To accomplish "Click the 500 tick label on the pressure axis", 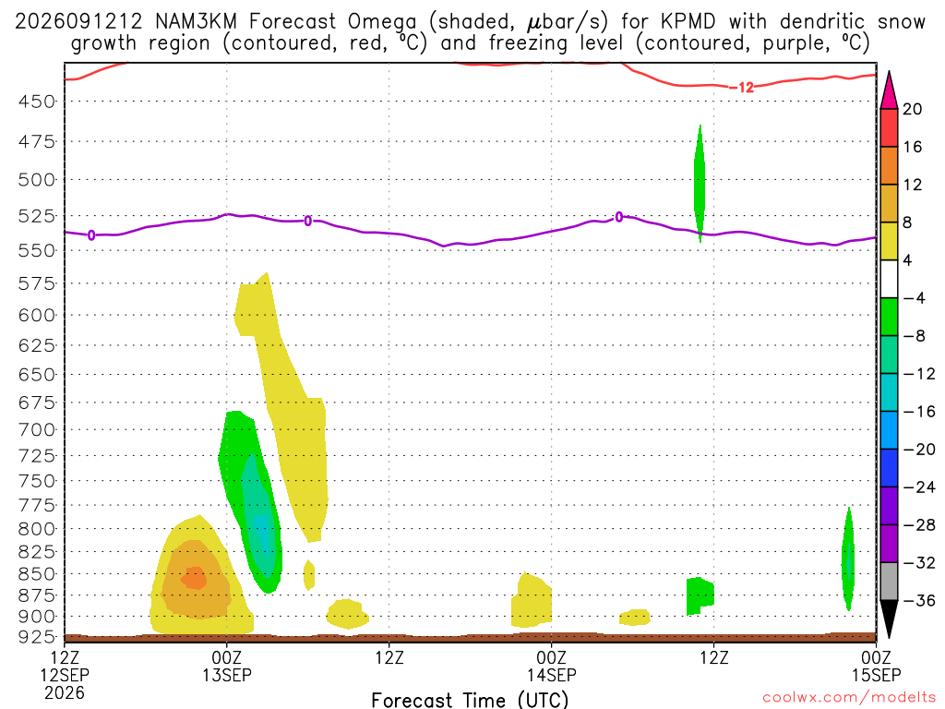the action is click(x=37, y=180).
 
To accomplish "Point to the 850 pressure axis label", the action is click(x=37, y=573).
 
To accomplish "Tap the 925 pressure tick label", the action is click(x=37, y=636).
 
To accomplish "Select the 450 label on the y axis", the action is click(x=37, y=102).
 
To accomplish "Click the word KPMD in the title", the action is click(x=688, y=22).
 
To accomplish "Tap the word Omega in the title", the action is click(x=382, y=23).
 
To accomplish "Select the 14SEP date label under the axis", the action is click(x=552, y=675).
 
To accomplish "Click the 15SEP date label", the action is click(x=876, y=675).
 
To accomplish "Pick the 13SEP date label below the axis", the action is click(x=227, y=675).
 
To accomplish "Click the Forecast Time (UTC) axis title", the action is click(x=470, y=700).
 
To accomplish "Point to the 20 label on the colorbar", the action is click(x=912, y=109).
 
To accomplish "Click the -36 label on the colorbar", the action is click(x=918, y=600).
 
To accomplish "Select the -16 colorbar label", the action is click(x=918, y=412).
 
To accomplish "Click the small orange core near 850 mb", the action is click(x=194, y=578).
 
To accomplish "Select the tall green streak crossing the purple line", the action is click(x=700, y=184).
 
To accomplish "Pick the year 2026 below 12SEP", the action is click(x=65, y=692).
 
